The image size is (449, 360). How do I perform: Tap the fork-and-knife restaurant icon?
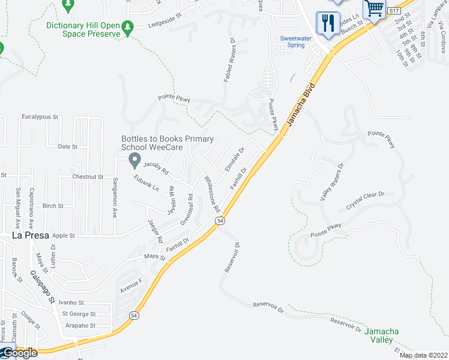pyautogui.click(x=328, y=24)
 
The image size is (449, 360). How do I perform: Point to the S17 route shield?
pyautogui.click(x=393, y=11)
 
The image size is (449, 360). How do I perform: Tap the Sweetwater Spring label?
pyautogui.click(x=292, y=41)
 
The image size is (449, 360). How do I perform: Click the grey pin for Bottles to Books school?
pyautogui.click(x=134, y=160)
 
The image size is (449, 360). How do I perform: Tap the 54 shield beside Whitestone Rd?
pyautogui.click(x=220, y=221)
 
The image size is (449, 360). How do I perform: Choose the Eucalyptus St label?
pyautogui.click(x=40, y=117)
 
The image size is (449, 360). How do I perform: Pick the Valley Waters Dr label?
pyautogui.click(x=331, y=181)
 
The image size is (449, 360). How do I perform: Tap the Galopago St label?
pyautogui.click(x=43, y=287)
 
